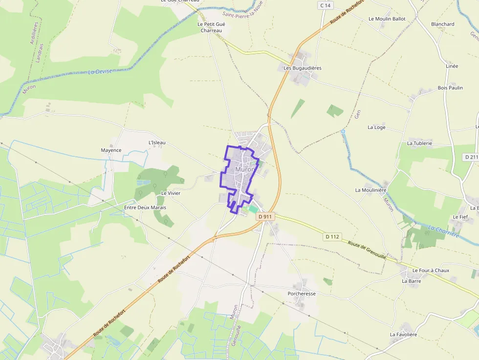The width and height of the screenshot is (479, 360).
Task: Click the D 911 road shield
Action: tap(264, 216)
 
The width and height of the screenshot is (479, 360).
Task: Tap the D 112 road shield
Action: tap(332, 237)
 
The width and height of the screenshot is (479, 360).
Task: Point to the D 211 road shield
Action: tap(471, 157)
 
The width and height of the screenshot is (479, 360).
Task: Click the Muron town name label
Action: tap(244, 169)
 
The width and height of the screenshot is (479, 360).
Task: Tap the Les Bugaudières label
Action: tap(303, 68)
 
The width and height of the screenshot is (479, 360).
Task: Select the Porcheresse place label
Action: tap(302, 294)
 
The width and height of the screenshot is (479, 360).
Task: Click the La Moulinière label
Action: tap(371, 190)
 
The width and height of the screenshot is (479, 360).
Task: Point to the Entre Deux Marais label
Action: tap(145, 208)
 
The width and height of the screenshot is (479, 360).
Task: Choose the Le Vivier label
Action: tap(171, 193)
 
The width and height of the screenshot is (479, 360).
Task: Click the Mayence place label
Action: tap(111, 150)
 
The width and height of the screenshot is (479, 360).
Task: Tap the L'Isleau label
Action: tap(157, 143)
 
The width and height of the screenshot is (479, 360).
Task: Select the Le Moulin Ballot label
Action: tap(387, 19)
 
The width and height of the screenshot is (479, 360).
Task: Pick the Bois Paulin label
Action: tap(450, 88)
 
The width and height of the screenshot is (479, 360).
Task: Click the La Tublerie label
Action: tap(419, 143)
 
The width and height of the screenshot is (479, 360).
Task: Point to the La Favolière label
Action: tap(403, 335)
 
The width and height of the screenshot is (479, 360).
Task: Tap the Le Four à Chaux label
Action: tap(431, 270)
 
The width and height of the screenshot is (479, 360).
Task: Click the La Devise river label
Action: tap(100, 72)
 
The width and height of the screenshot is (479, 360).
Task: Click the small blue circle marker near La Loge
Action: tap(343, 131)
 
